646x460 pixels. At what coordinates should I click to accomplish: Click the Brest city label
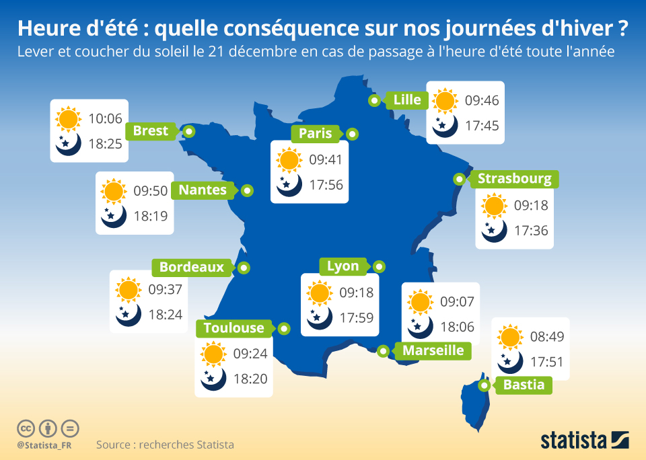click(x=151, y=131)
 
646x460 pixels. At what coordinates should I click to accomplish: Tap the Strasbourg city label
click(x=514, y=179)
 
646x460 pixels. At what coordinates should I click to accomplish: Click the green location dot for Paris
click(x=351, y=134)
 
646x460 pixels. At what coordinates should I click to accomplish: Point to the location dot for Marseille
click(x=383, y=351)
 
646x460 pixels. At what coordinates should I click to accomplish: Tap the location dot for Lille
click(x=374, y=100)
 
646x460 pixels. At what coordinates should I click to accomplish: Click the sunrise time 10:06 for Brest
click(x=105, y=119)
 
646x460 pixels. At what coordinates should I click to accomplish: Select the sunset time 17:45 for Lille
click(x=482, y=126)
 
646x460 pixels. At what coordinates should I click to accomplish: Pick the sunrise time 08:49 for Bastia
click(x=547, y=337)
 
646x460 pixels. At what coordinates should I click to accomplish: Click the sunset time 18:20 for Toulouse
click(x=250, y=379)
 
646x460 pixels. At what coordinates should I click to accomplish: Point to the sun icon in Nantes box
click(x=114, y=191)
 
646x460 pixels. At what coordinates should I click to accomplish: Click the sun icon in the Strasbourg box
click(x=494, y=205)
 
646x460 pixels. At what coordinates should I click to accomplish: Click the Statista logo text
click(x=574, y=440)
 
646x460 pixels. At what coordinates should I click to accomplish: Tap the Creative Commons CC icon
click(x=26, y=428)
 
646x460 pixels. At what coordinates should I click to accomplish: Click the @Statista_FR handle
click(x=45, y=445)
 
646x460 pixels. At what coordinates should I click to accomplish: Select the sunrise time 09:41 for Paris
click(x=326, y=160)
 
